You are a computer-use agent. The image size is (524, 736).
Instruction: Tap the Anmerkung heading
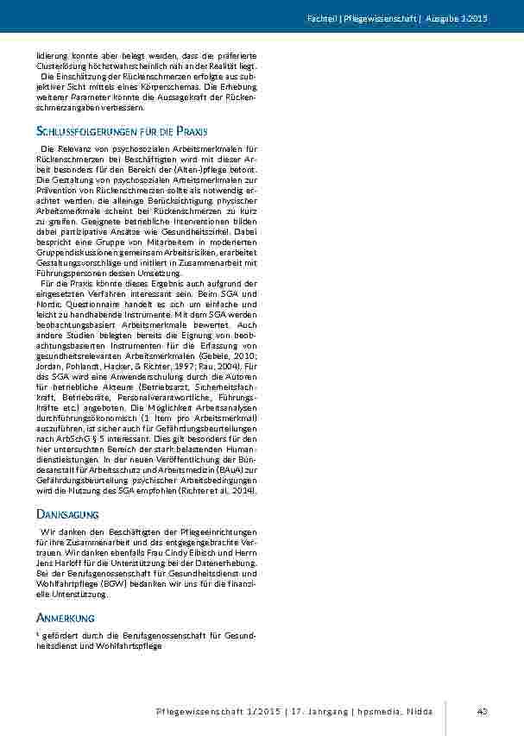pos(66,618)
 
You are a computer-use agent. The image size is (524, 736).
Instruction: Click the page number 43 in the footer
pos(482,711)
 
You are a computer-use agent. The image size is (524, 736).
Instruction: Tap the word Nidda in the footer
pos(422,711)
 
